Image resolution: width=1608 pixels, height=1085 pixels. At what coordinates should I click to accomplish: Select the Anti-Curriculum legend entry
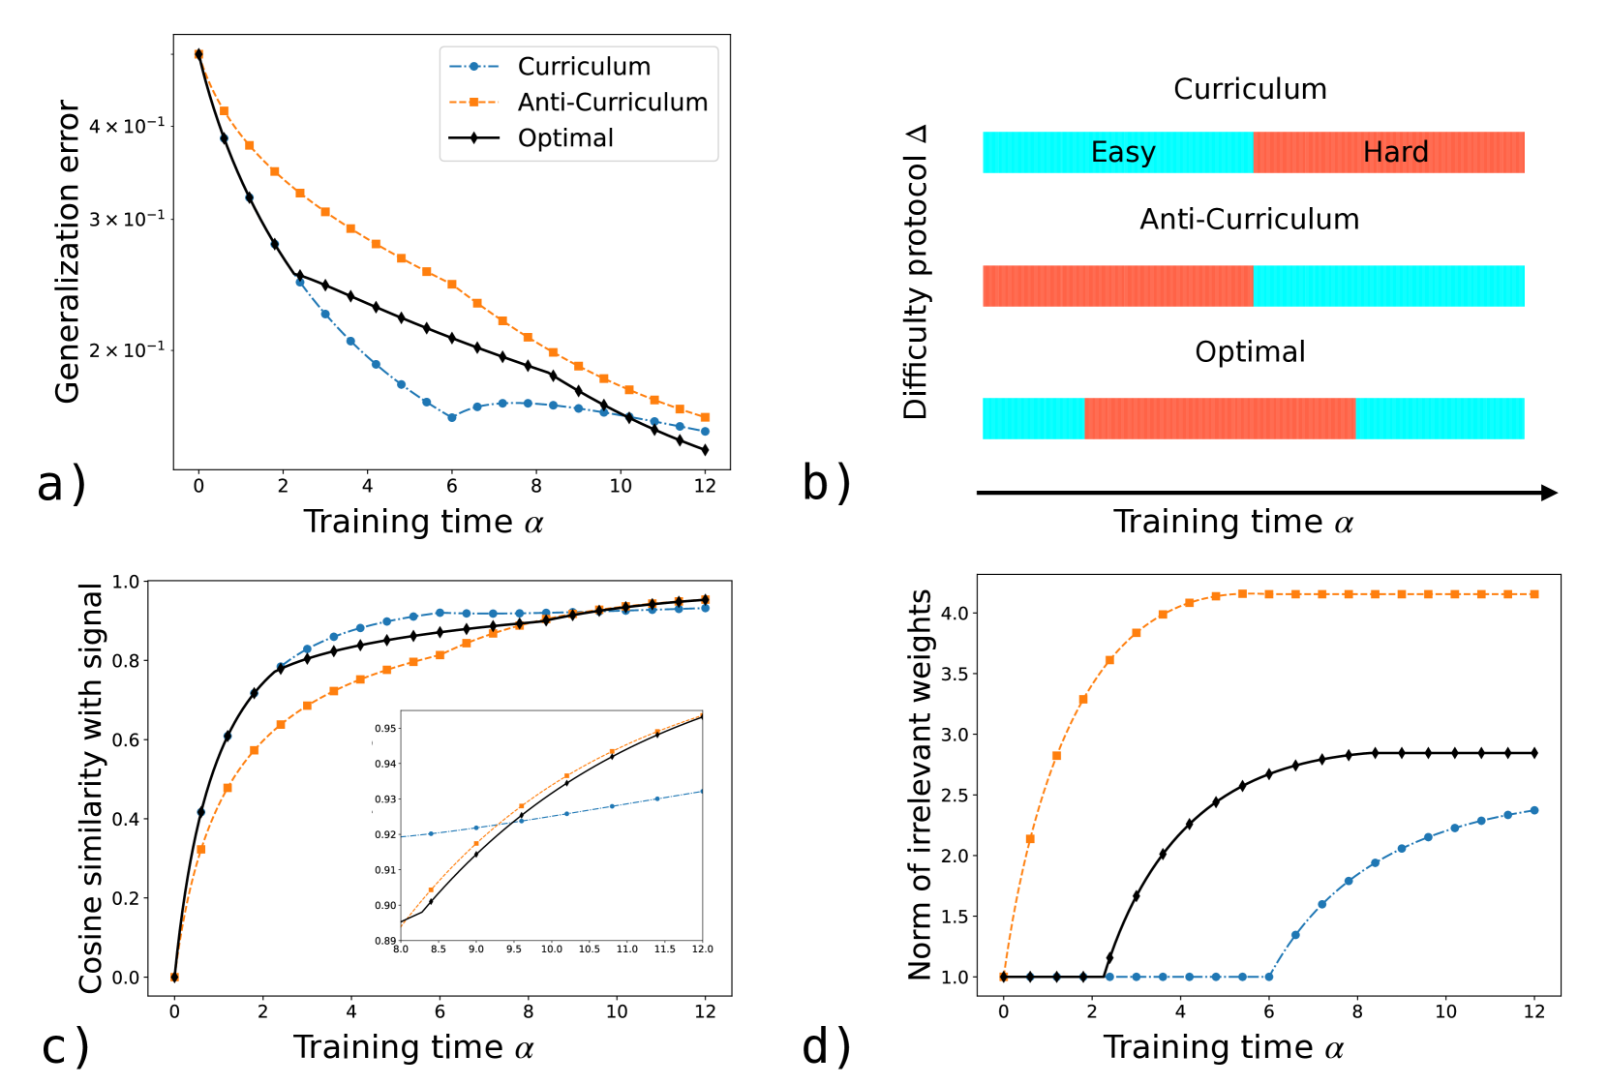611,103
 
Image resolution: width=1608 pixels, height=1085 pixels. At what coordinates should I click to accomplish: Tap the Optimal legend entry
564,138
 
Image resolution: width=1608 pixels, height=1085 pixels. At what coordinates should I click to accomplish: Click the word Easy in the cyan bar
1123,153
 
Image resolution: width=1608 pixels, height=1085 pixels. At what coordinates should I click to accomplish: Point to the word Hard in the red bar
1395,153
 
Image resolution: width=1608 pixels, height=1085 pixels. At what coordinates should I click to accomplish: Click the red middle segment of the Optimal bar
1219,419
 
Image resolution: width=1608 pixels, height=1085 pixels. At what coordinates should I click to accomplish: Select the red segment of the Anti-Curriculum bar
1117,286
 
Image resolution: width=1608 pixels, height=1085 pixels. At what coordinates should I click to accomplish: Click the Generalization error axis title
68,252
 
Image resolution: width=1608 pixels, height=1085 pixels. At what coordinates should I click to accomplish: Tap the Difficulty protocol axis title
916,272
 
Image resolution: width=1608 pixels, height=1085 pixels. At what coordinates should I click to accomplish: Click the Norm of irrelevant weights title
920,784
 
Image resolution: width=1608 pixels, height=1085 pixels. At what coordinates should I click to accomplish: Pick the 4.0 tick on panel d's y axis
955,614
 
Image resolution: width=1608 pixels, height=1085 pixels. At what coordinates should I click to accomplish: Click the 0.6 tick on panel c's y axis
126,740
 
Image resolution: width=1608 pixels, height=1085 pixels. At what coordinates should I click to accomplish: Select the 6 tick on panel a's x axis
451,486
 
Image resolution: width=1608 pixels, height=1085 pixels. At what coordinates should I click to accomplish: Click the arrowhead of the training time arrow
1549,493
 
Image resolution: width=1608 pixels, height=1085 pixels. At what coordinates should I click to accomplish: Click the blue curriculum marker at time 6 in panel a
452,417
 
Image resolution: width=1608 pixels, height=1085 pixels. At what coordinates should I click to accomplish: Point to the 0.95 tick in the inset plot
385,729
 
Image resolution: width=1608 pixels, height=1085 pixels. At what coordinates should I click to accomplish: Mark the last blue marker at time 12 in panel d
1534,810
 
